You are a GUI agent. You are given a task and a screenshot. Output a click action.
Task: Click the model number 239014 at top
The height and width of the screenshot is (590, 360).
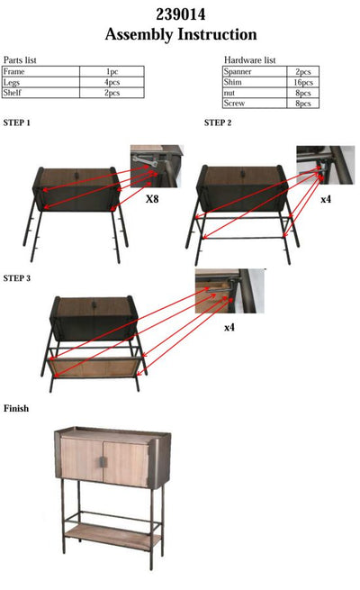[x=180, y=14]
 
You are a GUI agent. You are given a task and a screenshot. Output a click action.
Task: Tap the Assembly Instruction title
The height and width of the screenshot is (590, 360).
[x=180, y=35]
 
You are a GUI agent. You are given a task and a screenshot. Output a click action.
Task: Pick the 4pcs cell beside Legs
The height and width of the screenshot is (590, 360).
[x=112, y=82]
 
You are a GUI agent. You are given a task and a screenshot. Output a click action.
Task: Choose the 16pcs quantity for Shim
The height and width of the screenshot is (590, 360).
[x=302, y=82]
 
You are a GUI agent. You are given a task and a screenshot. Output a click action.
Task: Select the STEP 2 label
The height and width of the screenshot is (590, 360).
[x=218, y=123]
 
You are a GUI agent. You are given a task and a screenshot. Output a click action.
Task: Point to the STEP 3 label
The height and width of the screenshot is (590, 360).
[x=17, y=278]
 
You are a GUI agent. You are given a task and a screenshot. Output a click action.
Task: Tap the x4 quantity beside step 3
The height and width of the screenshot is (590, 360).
[x=229, y=328]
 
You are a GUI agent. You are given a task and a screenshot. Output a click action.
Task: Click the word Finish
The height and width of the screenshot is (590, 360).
[x=16, y=409]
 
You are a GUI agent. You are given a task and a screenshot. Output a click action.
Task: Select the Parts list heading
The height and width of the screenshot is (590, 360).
[x=20, y=59]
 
